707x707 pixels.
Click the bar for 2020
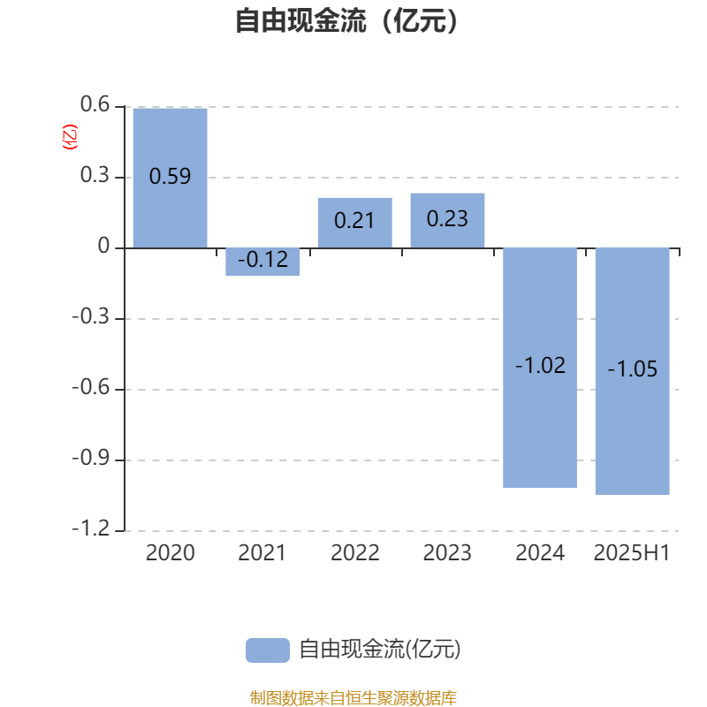point(170,179)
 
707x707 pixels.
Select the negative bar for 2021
point(262,262)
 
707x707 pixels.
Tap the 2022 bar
point(355,223)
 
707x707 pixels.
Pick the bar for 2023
point(447,220)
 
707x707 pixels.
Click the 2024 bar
point(540,368)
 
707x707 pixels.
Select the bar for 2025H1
point(632,371)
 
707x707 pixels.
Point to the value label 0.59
point(170,176)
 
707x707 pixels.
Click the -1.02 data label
point(540,365)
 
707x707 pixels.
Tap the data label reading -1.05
point(632,369)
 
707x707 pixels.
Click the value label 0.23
point(447,219)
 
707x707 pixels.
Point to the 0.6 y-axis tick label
point(95,104)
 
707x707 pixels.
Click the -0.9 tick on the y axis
point(91,459)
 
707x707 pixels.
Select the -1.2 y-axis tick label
point(91,528)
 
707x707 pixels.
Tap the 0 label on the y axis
point(103,247)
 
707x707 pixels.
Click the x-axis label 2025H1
point(632,553)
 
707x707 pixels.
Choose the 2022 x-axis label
point(355,553)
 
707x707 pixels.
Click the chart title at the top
point(346,20)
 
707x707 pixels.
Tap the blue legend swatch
point(268,650)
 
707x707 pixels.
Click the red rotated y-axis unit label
point(70,137)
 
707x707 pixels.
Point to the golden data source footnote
point(353,697)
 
